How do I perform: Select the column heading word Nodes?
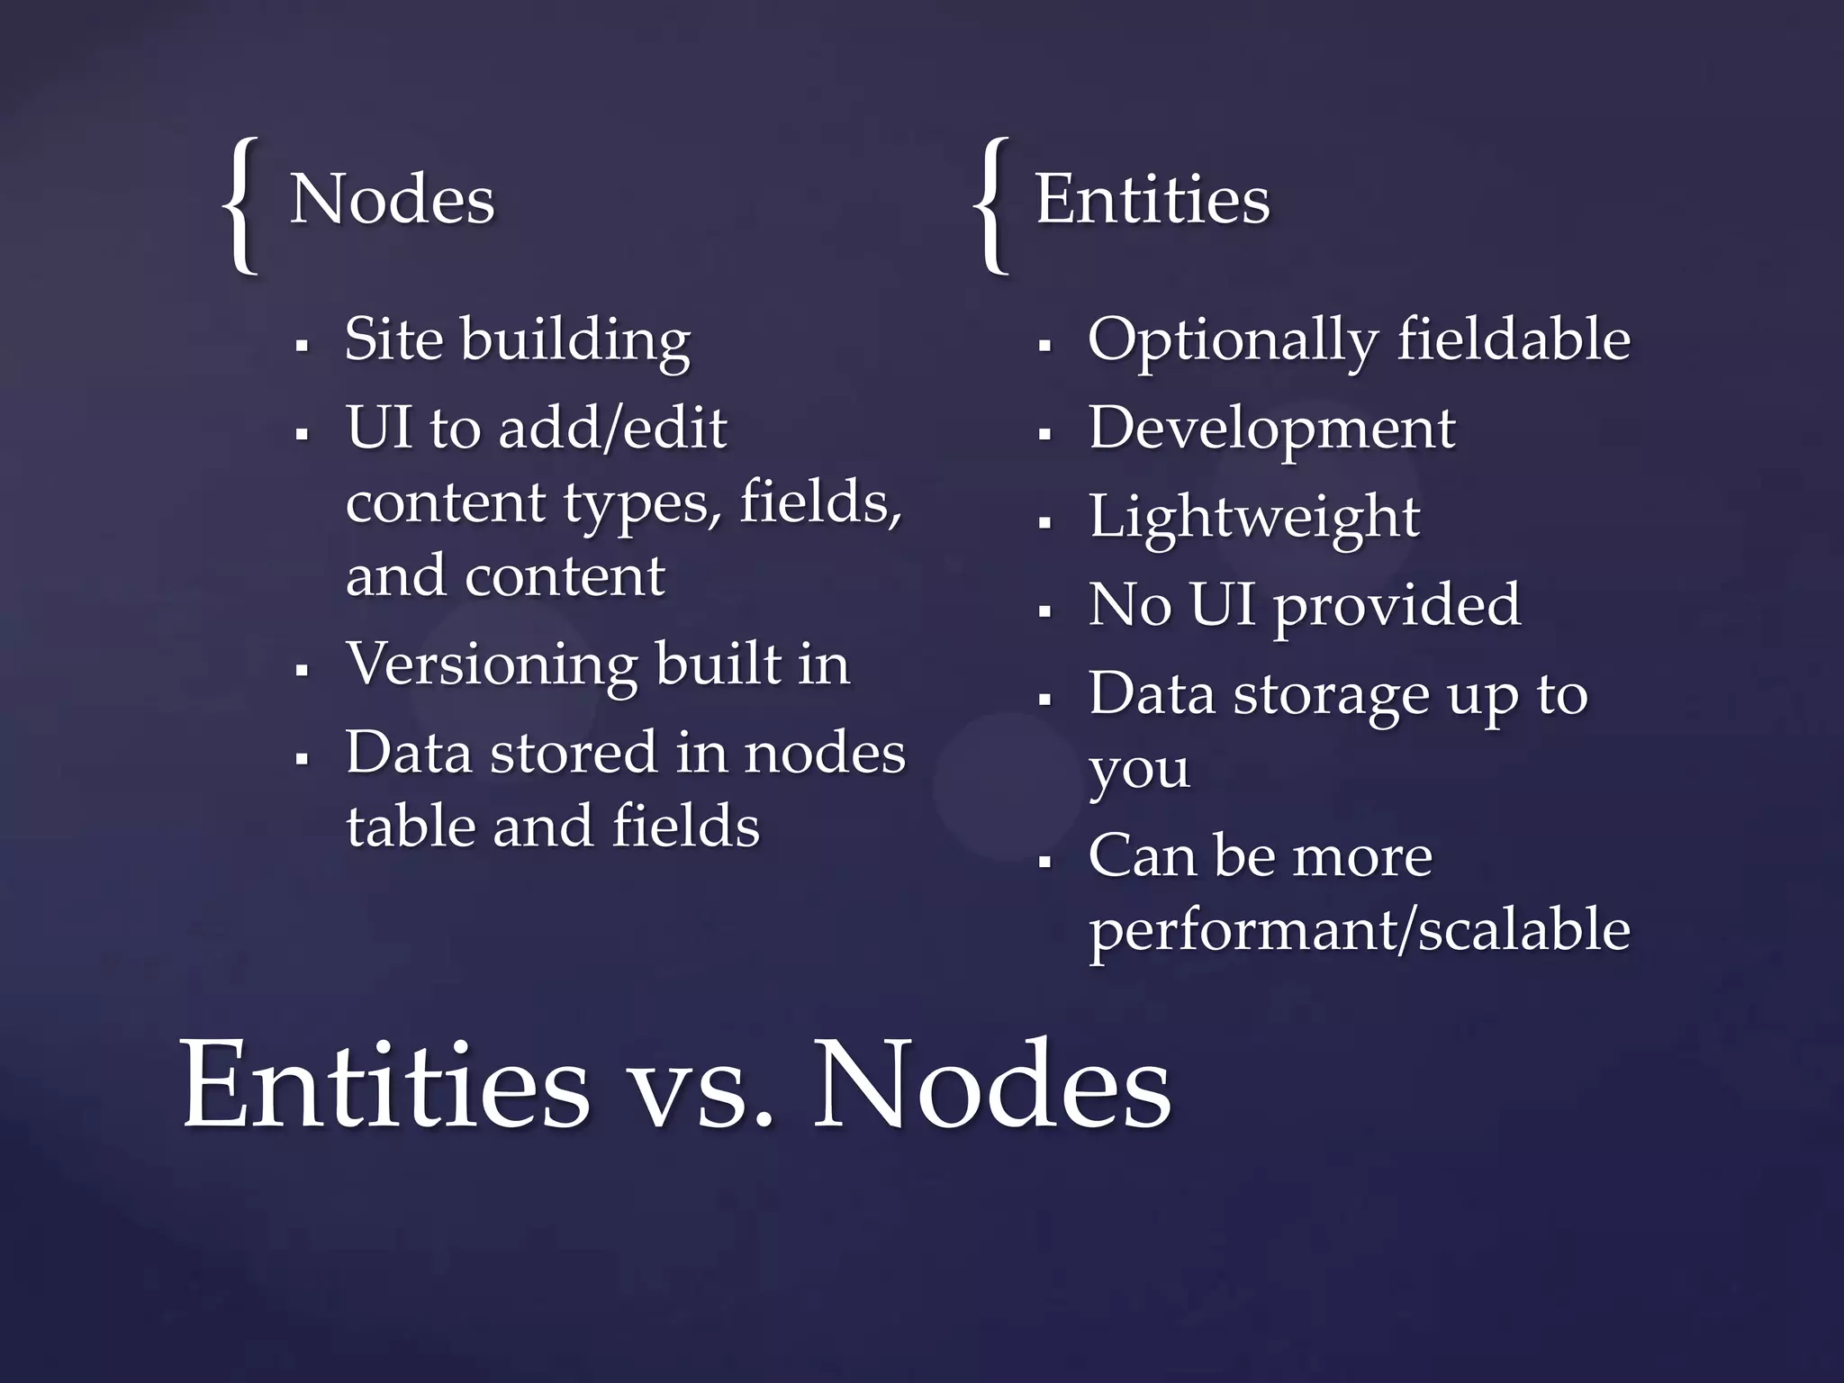pos(393,199)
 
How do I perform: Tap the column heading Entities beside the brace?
pos(1152,199)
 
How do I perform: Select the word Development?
pos(1271,429)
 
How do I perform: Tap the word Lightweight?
pos(1254,518)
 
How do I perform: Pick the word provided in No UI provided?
pos(1397,606)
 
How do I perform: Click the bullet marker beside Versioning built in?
pos(303,671)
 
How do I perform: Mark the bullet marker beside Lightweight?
pos(1044,522)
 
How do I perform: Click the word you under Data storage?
pos(1139,771)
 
